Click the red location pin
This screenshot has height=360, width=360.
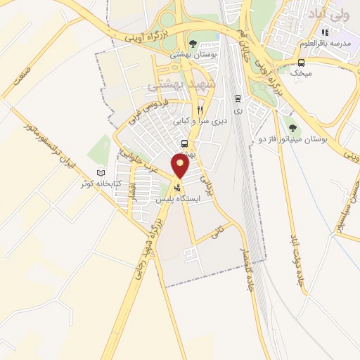click(181, 165)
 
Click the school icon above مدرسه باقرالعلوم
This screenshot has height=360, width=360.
click(326, 32)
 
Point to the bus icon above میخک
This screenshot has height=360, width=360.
click(301, 60)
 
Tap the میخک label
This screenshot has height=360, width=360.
click(301, 71)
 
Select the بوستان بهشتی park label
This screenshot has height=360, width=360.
click(193, 54)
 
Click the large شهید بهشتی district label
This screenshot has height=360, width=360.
click(176, 85)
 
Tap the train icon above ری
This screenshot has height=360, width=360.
click(237, 98)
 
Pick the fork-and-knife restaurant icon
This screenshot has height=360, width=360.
click(200, 110)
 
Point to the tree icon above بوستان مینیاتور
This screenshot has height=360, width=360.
click(292, 128)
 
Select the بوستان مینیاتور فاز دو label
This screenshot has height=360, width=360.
click(304, 139)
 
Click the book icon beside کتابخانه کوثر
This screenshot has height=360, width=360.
click(101, 173)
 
